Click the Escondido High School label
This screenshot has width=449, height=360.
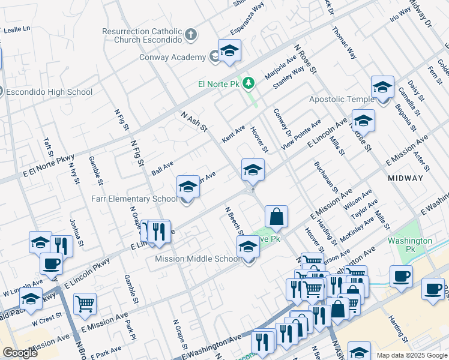click(x=49, y=92)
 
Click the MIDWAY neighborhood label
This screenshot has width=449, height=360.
click(x=405, y=178)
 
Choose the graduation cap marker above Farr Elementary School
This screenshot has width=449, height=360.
click(x=188, y=187)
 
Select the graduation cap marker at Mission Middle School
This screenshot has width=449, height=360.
click(x=248, y=246)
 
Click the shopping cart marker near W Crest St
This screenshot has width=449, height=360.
click(x=85, y=304)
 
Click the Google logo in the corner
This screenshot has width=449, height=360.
click(x=20, y=353)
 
